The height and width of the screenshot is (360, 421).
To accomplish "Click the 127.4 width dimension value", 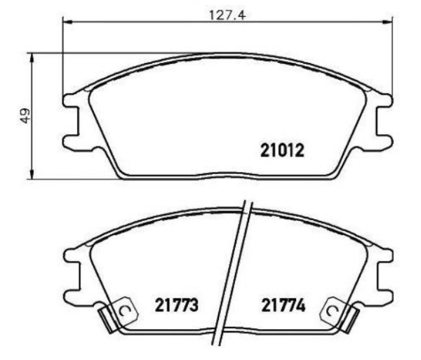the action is pyautogui.click(x=227, y=15).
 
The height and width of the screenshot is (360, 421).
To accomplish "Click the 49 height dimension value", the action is pyautogui.click(x=25, y=116).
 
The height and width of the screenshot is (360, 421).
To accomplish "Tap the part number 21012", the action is pyautogui.click(x=282, y=150).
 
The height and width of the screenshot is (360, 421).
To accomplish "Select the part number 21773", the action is pyautogui.click(x=176, y=305).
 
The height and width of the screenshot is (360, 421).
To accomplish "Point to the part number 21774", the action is pyautogui.click(x=283, y=305).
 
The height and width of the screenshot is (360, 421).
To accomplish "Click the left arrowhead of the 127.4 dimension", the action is pyautogui.click(x=67, y=22).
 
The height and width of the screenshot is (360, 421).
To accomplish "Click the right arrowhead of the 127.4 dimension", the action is pyautogui.click(x=387, y=22).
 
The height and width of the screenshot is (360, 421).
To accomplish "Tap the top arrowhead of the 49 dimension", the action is pyautogui.click(x=32, y=58).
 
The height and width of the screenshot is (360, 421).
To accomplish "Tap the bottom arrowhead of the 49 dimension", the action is pyautogui.click(x=32, y=173).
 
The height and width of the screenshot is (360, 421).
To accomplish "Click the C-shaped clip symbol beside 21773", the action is pyautogui.click(x=123, y=311).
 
